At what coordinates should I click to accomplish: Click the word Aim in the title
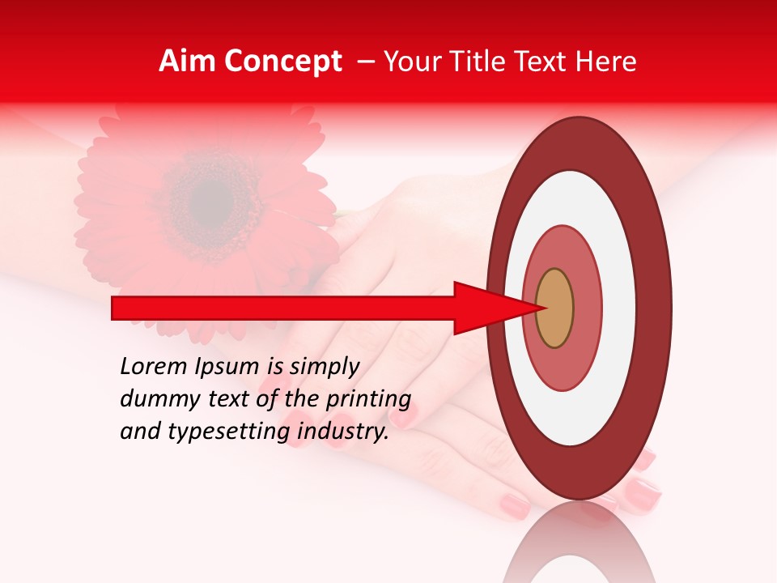point(188,62)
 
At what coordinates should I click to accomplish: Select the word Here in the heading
point(607,62)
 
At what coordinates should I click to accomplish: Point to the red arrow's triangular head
point(486,308)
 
